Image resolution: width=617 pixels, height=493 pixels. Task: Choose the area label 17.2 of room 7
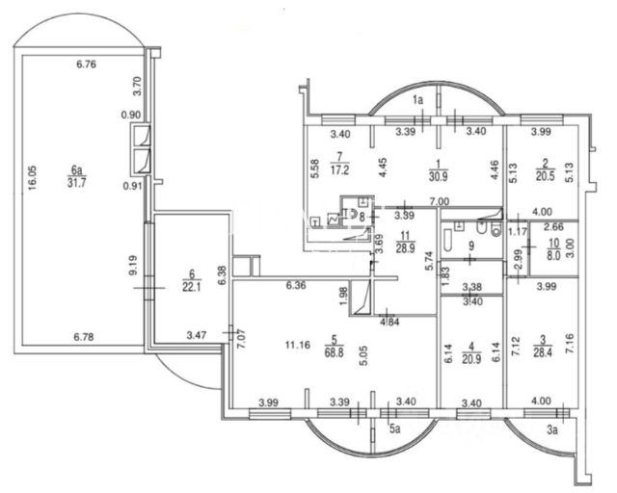[x=340, y=167]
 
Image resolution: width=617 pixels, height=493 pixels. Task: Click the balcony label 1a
[x=418, y=100]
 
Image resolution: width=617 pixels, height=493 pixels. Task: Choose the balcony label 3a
[x=553, y=433]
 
